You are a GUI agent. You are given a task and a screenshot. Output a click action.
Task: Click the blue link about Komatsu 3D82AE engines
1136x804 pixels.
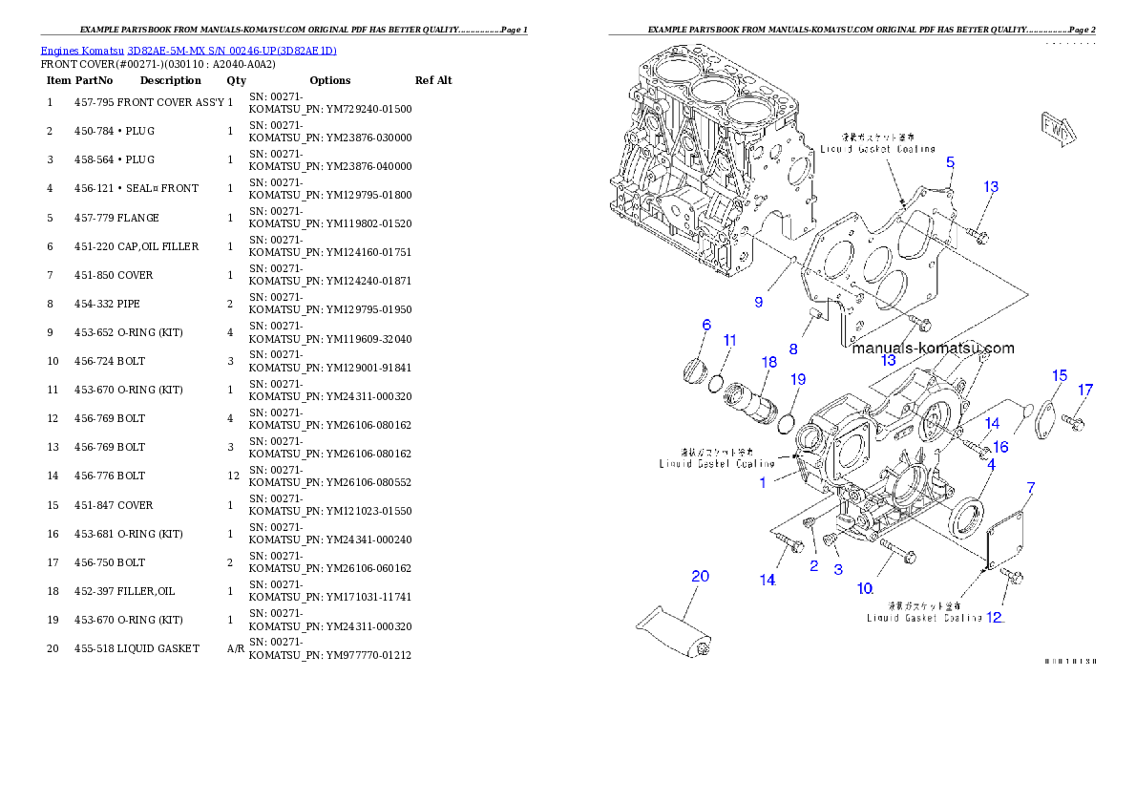(x=188, y=50)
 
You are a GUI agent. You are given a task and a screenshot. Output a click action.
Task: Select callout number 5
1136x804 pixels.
(x=950, y=163)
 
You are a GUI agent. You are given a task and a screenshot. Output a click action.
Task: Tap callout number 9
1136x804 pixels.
(x=758, y=303)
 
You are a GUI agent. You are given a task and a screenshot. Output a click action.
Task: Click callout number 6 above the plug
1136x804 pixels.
(x=706, y=326)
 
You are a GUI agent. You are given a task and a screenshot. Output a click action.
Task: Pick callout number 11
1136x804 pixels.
(x=729, y=340)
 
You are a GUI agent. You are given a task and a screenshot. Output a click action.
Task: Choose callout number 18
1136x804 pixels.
(x=768, y=362)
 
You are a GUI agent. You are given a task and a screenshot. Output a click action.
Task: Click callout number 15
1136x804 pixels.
(x=1059, y=375)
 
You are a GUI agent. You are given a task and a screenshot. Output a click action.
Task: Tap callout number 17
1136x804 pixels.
(x=1085, y=390)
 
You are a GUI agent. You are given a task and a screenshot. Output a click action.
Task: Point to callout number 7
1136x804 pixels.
(x=1030, y=488)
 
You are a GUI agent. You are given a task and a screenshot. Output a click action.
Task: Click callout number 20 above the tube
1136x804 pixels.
(x=701, y=576)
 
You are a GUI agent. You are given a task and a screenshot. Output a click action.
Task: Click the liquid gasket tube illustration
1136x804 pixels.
(x=673, y=633)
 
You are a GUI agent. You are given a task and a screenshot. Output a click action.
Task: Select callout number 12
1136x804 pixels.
(x=995, y=617)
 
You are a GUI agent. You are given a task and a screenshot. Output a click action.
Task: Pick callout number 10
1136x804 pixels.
(x=864, y=588)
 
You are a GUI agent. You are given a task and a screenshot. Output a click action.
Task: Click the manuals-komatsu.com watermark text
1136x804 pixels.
(x=933, y=349)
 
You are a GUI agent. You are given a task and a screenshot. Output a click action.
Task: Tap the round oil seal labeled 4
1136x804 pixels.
(x=966, y=516)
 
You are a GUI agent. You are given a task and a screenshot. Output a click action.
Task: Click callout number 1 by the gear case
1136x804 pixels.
(x=763, y=482)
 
